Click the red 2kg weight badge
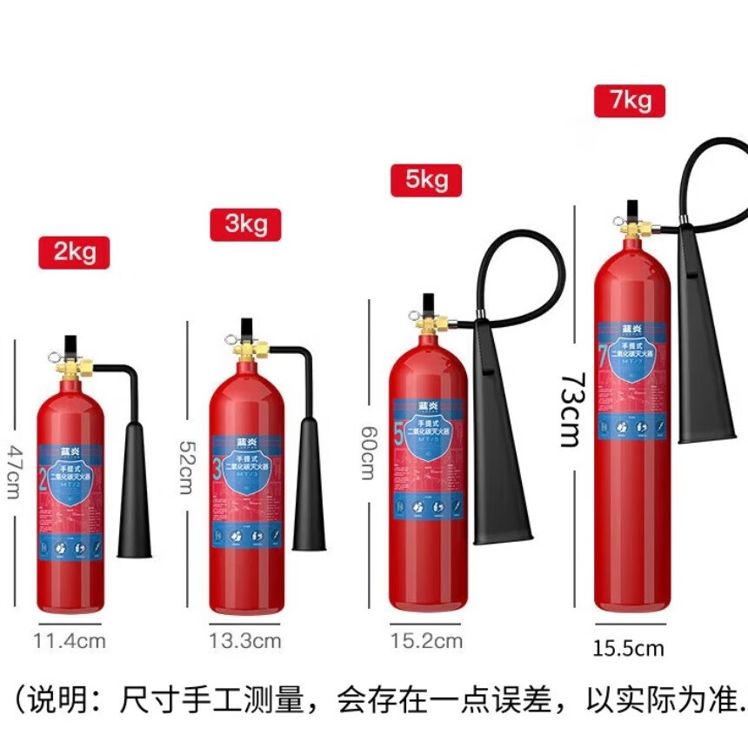[74, 252]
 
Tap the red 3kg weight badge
[245, 224]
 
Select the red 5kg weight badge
[425, 180]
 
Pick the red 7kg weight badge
[630, 100]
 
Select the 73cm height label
[570, 409]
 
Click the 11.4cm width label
[70, 642]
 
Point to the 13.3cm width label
[244, 642]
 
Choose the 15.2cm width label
[426, 642]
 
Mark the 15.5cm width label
[629, 648]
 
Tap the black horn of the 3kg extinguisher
[309, 487]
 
